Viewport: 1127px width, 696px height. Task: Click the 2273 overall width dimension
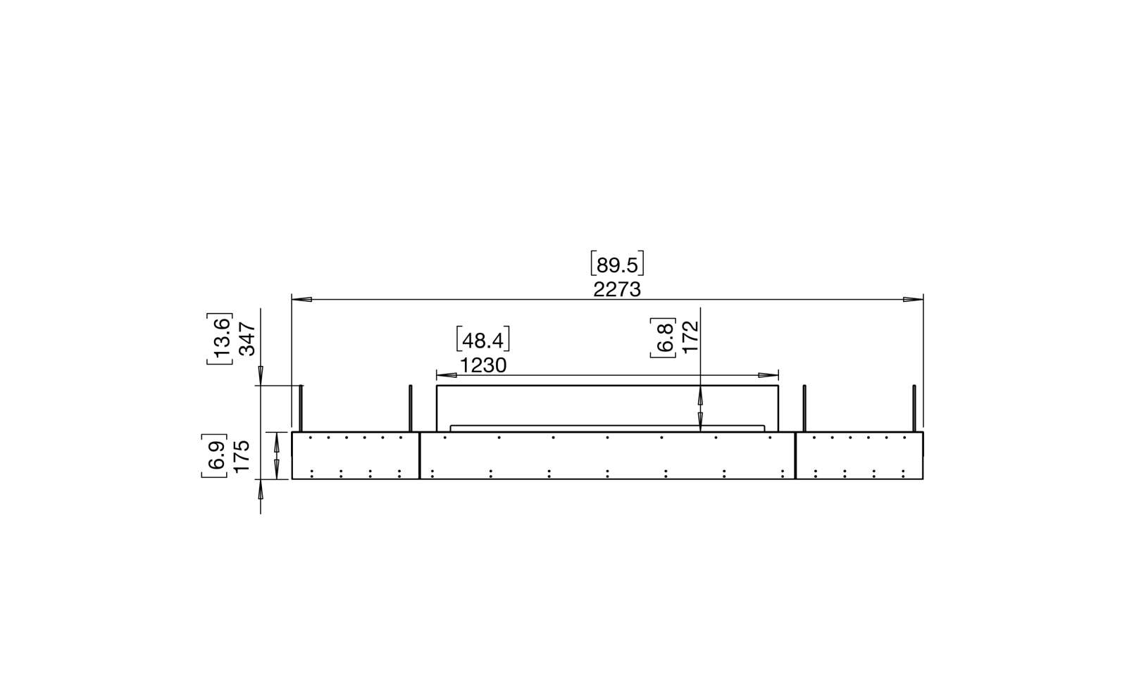617,290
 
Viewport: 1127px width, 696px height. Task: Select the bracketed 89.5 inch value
617,265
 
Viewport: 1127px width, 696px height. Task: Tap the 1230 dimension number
483,366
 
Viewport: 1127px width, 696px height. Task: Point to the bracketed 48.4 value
483,340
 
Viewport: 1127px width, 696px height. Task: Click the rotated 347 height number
247,338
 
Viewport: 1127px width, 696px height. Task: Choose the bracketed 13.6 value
219,338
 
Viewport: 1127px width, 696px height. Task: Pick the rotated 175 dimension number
242,455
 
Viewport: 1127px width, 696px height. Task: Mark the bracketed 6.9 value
214,455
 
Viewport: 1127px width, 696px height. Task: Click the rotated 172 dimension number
690,336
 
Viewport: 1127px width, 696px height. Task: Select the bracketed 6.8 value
663,338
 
